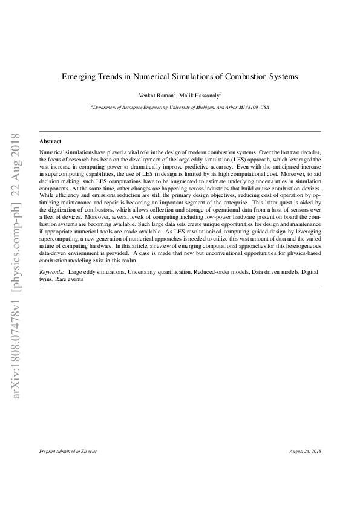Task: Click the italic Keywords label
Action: [x=51, y=273]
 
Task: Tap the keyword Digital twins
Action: [x=308, y=273]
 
